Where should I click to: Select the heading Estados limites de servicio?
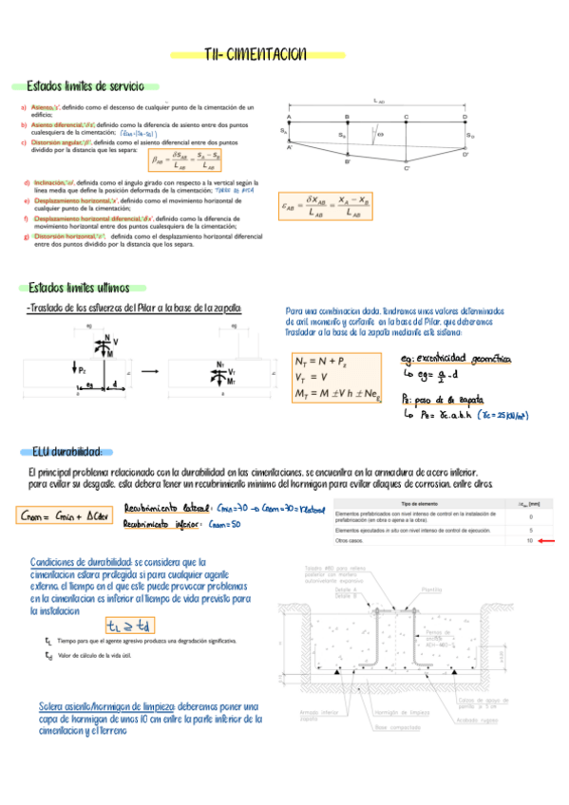coord(85,86)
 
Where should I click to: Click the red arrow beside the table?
coord(549,541)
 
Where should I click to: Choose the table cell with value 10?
coord(530,541)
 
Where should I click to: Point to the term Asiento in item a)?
coord(42,108)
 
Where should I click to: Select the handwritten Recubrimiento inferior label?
coord(159,524)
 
